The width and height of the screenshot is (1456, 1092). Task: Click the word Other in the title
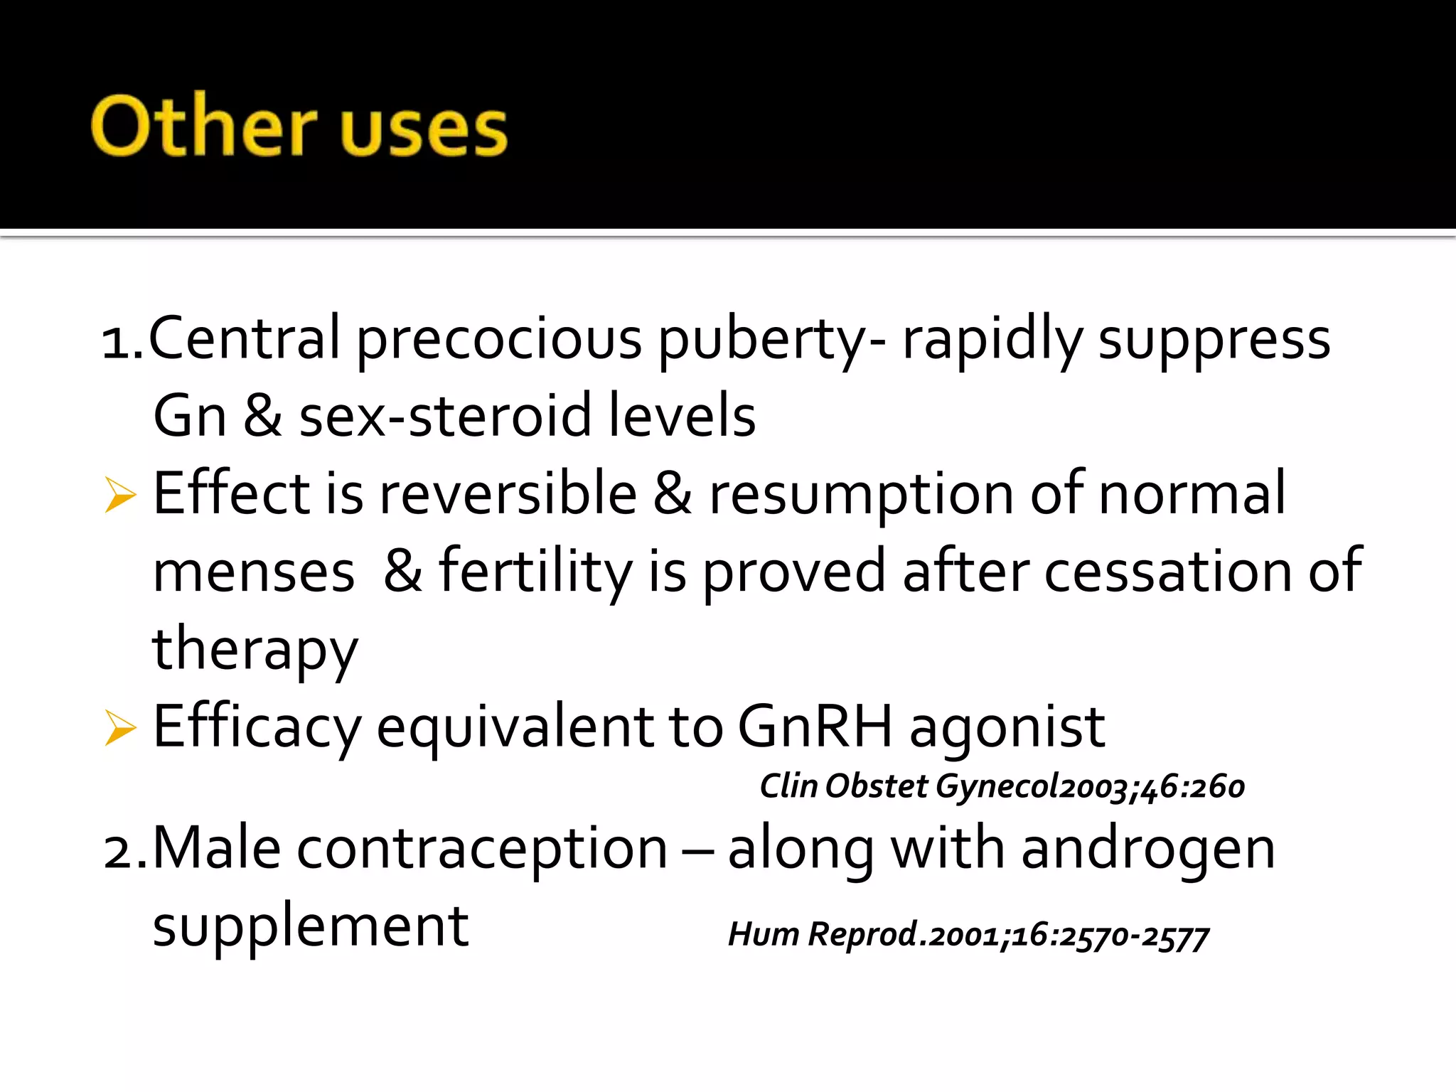pyautogui.click(x=203, y=127)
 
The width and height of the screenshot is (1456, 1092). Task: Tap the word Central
pyautogui.click(x=245, y=338)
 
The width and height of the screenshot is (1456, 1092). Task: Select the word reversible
pyautogui.click(x=508, y=493)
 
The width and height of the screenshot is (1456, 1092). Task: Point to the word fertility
pyautogui.click(x=535, y=573)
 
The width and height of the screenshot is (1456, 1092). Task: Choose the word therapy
pyautogui.click(x=255, y=651)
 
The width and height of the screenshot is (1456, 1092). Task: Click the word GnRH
pyautogui.click(x=815, y=727)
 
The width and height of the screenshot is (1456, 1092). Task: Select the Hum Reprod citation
pyautogui.click(x=968, y=935)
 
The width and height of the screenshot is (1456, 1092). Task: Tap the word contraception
pyautogui.click(x=482, y=850)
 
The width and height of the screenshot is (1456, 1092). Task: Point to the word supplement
pyautogui.click(x=311, y=928)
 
